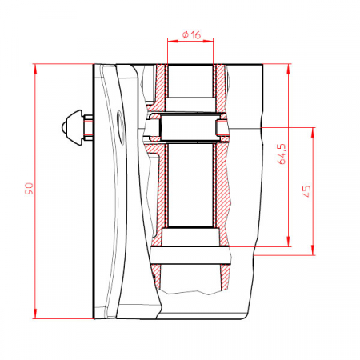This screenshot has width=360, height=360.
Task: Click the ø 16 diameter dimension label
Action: point(191,35)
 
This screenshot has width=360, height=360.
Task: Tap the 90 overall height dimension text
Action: point(29,189)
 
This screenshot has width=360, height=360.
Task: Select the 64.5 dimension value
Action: point(282,154)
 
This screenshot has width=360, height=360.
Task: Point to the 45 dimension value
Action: point(306,191)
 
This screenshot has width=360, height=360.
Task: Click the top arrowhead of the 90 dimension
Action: point(35,69)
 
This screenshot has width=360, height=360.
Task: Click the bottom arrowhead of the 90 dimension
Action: point(35,314)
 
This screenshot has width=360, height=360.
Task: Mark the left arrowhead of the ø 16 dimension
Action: point(173,41)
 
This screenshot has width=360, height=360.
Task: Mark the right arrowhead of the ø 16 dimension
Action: point(208,41)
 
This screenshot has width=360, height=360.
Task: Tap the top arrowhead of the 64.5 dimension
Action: point(288,69)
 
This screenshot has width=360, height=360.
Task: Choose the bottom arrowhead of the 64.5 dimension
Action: point(288,242)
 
